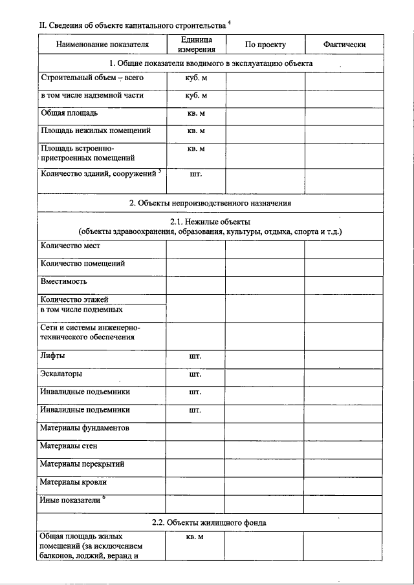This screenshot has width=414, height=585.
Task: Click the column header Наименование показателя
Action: pyautogui.click(x=102, y=45)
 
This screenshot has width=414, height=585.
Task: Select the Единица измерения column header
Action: pyautogui.click(x=196, y=44)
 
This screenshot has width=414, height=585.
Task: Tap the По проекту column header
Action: pyautogui.click(x=265, y=45)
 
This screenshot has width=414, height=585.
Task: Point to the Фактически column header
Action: pyautogui.click(x=344, y=45)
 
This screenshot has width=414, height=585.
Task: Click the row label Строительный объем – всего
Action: pyautogui.click(x=92, y=78)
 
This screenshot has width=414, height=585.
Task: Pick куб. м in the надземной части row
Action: pyautogui.click(x=196, y=96)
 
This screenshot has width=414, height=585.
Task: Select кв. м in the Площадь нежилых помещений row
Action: pyautogui.click(x=196, y=131)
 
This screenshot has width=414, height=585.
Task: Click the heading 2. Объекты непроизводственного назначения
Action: pyautogui.click(x=210, y=203)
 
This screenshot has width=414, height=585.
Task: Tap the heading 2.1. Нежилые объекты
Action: pyautogui.click(x=210, y=222)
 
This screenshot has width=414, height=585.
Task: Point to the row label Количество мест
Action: pyautogui.click(x=71, y=246)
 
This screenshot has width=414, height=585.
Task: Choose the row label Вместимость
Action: pyautogui.click(x=63, y=282)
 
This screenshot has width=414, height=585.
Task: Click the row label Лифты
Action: pyautogui.click(x=52, y=356)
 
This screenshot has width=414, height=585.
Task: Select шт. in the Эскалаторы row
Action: pyautogui.click(x=196, y=374)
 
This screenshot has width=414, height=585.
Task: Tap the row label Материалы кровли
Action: pyautogui.click(x=73, y=482)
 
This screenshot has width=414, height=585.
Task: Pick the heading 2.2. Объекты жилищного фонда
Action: pyautogui.click(x=210, y=522)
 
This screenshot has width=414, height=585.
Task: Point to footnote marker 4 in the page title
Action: pyautogui.click(x=230, y=23)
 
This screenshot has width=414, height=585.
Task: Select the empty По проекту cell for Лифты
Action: pyautogui.click(x=265, y=356)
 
